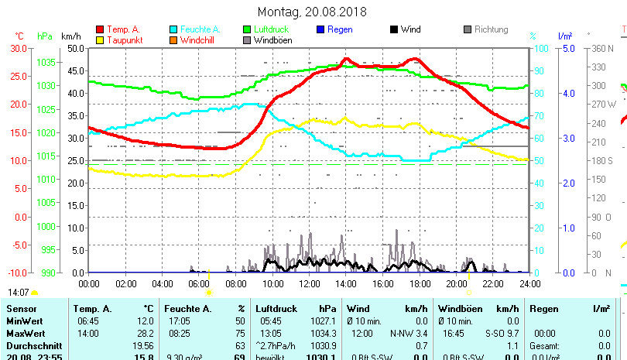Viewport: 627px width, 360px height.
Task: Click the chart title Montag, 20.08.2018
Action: pos(313,12)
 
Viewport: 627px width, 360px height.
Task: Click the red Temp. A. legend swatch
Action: pos(100,30)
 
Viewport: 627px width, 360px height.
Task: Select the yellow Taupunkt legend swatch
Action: pos(100,40)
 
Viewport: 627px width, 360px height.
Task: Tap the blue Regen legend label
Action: pos(341,30)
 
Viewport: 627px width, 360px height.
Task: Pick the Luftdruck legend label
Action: pos(272,30)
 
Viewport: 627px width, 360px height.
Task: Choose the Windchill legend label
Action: pos(200,40)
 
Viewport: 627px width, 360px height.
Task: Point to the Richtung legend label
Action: pos(491,30)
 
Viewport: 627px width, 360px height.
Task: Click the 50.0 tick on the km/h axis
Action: pos(74,48)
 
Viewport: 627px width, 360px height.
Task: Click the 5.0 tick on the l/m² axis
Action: pos(567,48)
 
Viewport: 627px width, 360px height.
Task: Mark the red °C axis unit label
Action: pos(19,36)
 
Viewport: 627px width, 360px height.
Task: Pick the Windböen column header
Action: pos(460,309)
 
